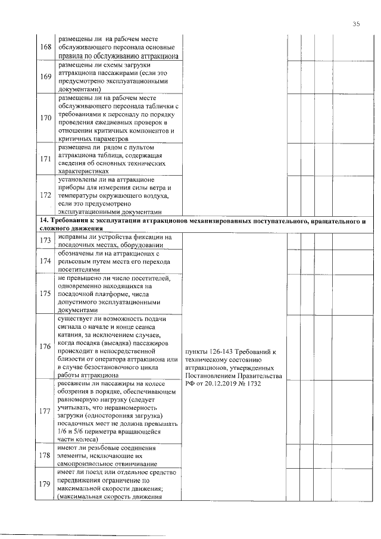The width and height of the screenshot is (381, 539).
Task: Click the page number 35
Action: tap(355, 24)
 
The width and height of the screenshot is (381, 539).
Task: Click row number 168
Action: tap(44, 46)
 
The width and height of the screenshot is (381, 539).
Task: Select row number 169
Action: tap(44, 76)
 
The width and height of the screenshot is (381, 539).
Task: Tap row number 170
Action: tap(44, 117)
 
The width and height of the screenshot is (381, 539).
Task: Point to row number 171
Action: tap(44, 159)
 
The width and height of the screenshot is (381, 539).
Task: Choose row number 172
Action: tap(44, 195)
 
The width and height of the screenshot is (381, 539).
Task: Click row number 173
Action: tap(44, 239)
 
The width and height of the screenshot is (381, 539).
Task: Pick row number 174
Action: tap(44, 260)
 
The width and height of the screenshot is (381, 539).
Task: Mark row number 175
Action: tap(44, 293)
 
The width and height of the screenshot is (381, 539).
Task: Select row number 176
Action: tap(44, 347)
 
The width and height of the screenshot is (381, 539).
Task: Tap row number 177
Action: tap(44, 411)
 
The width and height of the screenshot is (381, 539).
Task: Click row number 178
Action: tap(44, 456)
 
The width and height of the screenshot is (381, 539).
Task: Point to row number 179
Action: tap(44, 484)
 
